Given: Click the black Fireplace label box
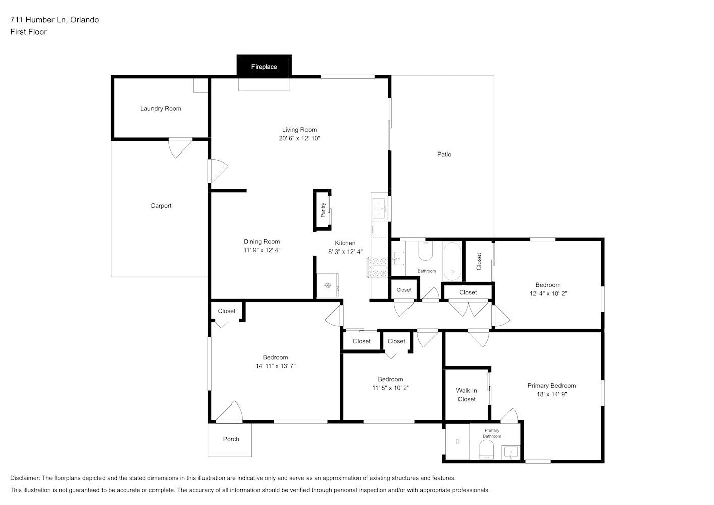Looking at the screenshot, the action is click(264, 66).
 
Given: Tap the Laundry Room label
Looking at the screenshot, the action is click(161, 109).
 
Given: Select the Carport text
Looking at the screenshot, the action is click(161, 206).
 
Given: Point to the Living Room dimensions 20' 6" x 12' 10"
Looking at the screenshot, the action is click(299, 138).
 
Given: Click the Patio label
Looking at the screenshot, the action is click(444, 155).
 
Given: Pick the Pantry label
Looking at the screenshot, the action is click(323, 210).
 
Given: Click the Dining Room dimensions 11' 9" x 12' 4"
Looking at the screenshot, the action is click(262, 250).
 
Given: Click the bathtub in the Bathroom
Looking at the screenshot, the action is click(452, 261).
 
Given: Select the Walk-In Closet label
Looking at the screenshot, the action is click(467, 395).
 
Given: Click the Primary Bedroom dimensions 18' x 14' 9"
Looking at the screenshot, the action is click(552, 394).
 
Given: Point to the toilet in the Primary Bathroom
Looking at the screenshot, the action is click(486, 449).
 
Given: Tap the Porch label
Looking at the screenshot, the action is click(231, 439).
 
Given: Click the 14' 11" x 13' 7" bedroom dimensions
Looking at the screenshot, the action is click(275, 366).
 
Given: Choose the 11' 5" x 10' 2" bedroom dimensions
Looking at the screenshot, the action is click(391, 388).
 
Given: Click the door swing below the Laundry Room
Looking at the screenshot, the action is click(180, 149).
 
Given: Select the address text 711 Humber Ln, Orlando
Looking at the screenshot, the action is click(55, 20).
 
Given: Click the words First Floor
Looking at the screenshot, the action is click(28, 32).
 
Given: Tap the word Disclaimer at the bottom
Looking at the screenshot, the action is click(25, 478).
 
